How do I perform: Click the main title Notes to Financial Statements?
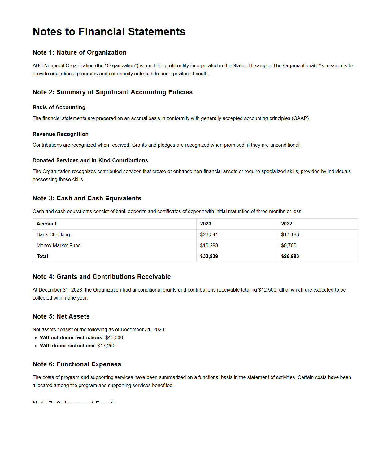point(109,32)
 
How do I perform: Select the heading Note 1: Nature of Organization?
point(80,53)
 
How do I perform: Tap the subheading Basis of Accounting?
point(59,108)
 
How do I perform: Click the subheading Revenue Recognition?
point(60,134)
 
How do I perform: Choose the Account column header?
point(46,224)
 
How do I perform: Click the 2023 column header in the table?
point(206,224)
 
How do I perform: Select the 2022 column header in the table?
point(286,224)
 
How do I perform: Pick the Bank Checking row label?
point(53,235)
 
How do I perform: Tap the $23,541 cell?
point(209,235)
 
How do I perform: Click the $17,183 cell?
point(290,235)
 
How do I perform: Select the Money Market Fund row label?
point(59,246)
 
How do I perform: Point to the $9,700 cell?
point(289,246)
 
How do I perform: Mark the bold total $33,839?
point(209,257)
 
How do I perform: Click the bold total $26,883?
point(290,257)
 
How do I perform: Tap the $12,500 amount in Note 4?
point(267,290)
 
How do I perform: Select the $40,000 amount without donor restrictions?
point(114,338)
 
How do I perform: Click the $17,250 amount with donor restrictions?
point(106,346)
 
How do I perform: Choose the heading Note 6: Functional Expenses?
point(77,364)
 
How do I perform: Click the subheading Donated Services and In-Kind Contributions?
point(90,161)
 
